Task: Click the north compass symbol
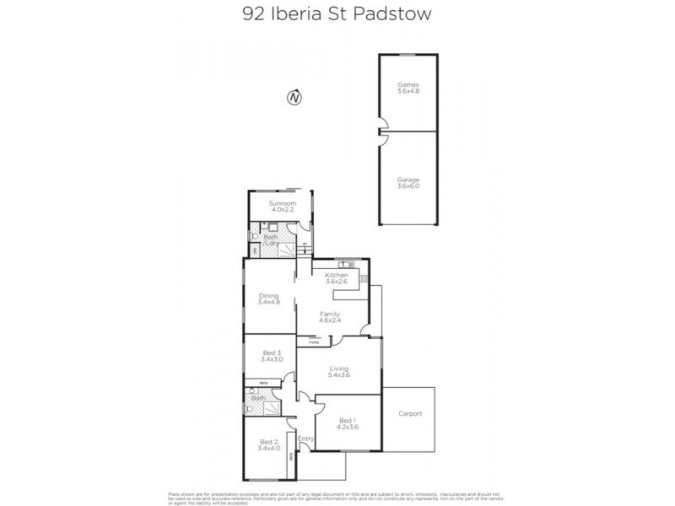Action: tap(294, 97)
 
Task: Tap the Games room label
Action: tap(408, 89)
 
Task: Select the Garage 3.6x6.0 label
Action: tap(408, 183)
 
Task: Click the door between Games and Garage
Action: tap(382, 132)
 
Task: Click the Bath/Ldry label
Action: tap(273, 240)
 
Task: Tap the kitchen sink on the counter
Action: tap(362, 278)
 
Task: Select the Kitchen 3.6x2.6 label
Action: tap(337, 279)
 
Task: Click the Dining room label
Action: tap(268, 299)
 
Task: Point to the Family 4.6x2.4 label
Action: tap(329, 316)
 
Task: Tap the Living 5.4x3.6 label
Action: tap(338, 371)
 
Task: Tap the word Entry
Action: tap(305, 439)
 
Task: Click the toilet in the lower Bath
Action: tap(250, 408)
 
